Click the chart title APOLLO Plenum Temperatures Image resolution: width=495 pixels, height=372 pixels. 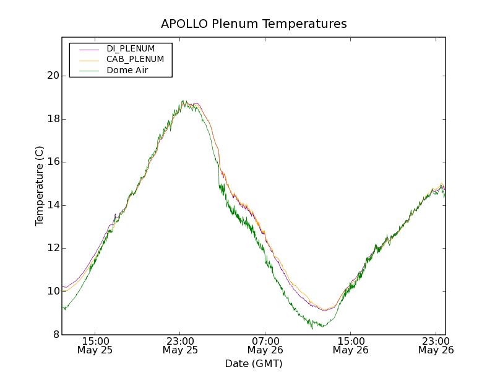pyautogui.click(x=254, y=24)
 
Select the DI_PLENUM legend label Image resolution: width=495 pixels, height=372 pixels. pyautogui.click(x=131, y=48)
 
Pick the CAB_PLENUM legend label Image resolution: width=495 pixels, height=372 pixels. pyautogui.click(x=135, y=60)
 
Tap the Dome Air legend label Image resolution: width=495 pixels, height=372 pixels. pyautogui.click(x=127, y=70)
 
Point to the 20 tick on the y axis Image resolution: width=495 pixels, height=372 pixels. pyautogui.click(x=53, y=76)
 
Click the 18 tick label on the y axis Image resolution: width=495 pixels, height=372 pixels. pyautogui.click(x=53, y=119)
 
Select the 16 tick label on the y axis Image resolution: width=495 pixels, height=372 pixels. pyautogui.click(x=53, y=162)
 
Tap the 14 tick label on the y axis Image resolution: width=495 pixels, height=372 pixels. pyautogui.click(x=53, y=205)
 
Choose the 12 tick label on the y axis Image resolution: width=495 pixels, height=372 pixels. pyautogui.click(x=53, y=248)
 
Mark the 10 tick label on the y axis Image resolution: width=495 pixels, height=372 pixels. pyautogui.click(x=53, y=291)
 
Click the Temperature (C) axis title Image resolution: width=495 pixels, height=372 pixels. pyautogui.click(x=40, y=186)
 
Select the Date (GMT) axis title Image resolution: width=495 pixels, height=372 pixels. pyautogui.click(x=254, y=363)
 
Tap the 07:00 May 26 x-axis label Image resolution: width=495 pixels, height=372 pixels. pyautogui.click(x=265, y=345)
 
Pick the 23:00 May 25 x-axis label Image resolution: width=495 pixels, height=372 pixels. pyautogui.click(x=180, y=345)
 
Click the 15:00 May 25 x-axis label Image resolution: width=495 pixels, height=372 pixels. pyautogui.click(x=95, y=345)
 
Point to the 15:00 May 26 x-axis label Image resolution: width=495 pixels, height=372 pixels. pyautogui.click(x=350, y=345)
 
